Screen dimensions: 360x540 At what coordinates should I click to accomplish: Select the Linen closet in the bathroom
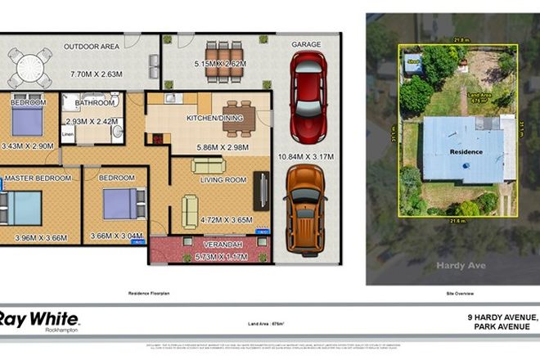click(68, 134)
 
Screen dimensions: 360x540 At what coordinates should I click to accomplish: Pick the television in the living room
click(259, 190)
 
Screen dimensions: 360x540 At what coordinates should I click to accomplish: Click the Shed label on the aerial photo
click(413, 59)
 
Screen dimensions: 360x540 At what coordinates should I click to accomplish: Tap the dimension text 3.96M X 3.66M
click(41, 238)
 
